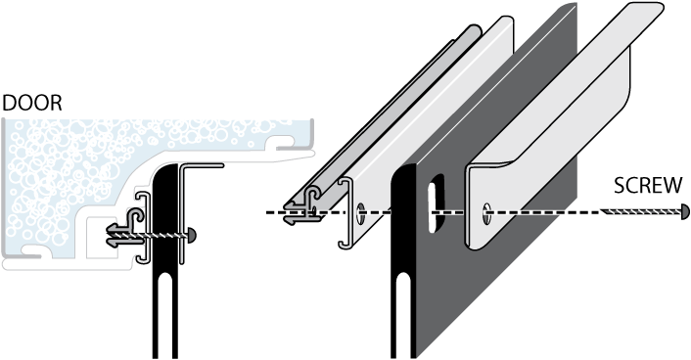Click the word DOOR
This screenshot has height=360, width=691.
32,103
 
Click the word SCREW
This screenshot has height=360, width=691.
648,186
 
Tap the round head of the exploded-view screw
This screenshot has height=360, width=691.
685,212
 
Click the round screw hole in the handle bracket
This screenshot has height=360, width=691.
487,213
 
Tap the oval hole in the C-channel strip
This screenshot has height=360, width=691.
360,213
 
